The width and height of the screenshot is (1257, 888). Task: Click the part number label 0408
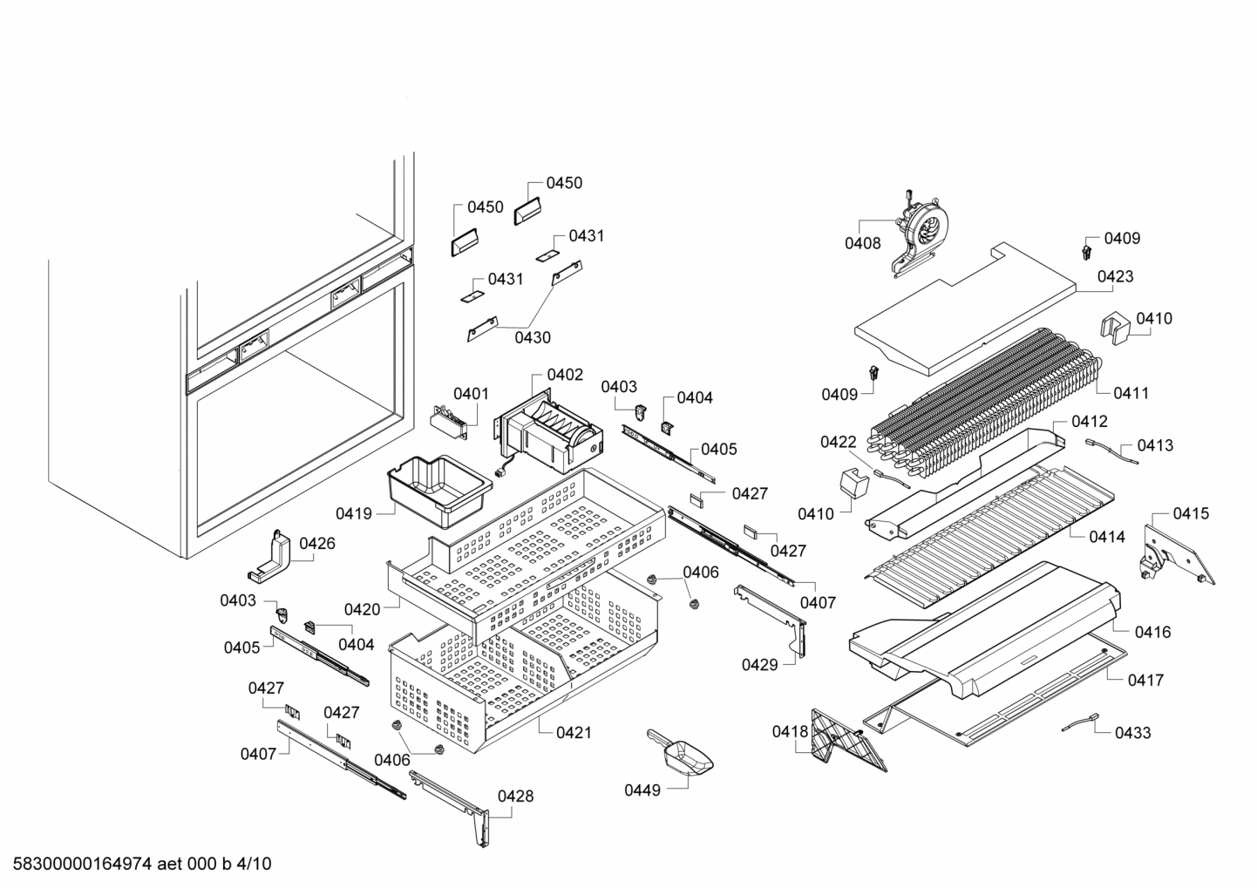coord(862,244)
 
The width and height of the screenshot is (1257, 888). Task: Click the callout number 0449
coord(642,790)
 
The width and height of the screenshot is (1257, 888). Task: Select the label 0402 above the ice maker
coord(565,375)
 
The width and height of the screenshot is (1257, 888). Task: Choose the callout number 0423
coord(1115,276)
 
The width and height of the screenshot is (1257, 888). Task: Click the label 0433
coord(1132,733)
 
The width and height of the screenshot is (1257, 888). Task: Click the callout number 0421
coord(574,733)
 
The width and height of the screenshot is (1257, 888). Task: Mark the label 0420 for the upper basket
coord(362,609)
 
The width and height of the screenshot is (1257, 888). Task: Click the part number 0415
coord(1190,513)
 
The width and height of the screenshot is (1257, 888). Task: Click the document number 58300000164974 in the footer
coord(84,864)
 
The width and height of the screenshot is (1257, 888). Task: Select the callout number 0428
coord(515,796)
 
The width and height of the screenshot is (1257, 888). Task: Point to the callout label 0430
coord(532,337)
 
